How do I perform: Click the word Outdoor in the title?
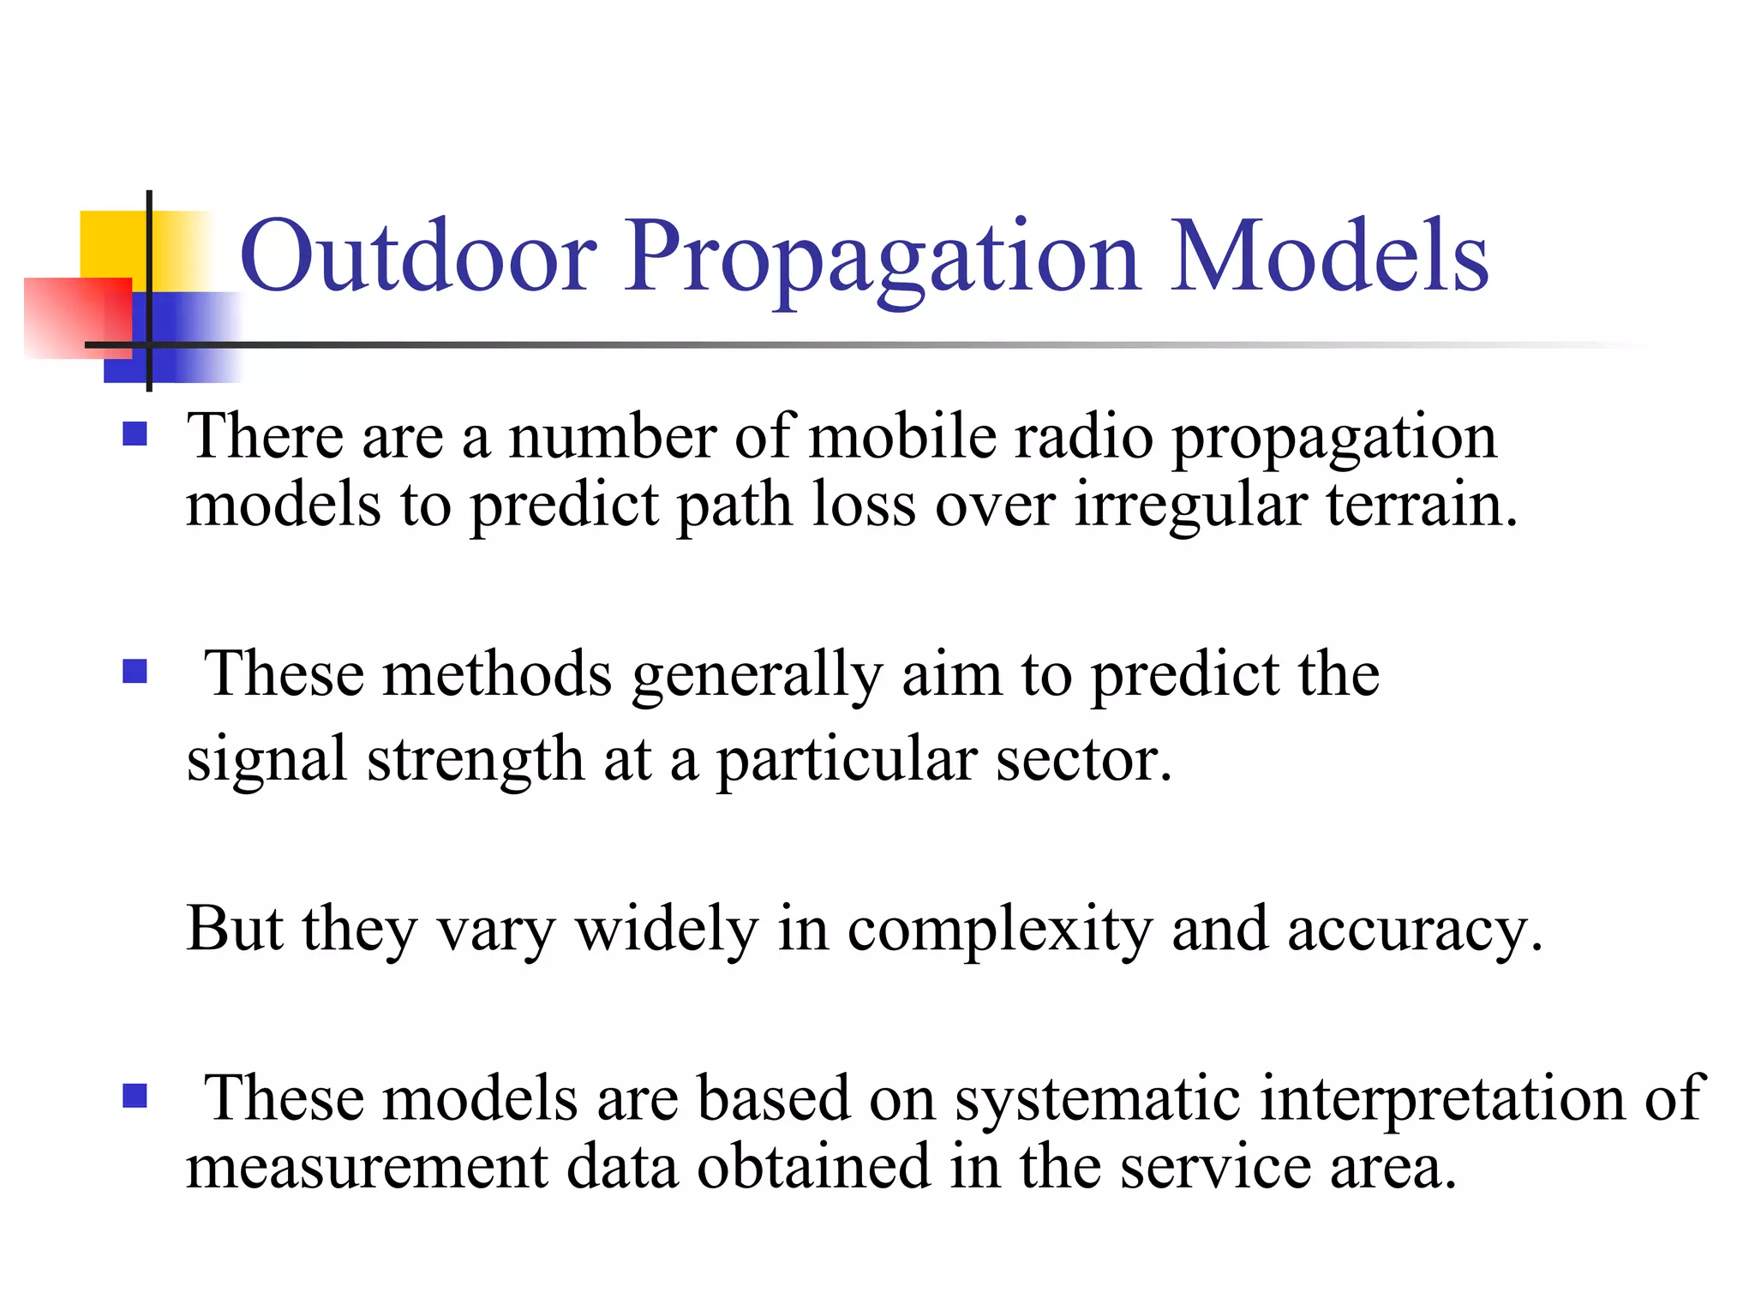coord(418,255)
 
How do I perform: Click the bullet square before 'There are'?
coord(135,434)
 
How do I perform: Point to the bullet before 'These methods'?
coord(135,670)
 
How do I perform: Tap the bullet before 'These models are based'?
coord(135,1095)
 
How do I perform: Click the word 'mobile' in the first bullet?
coord(903,436)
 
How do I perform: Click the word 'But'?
coord(234,928)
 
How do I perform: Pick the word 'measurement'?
coord(367,1167)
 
